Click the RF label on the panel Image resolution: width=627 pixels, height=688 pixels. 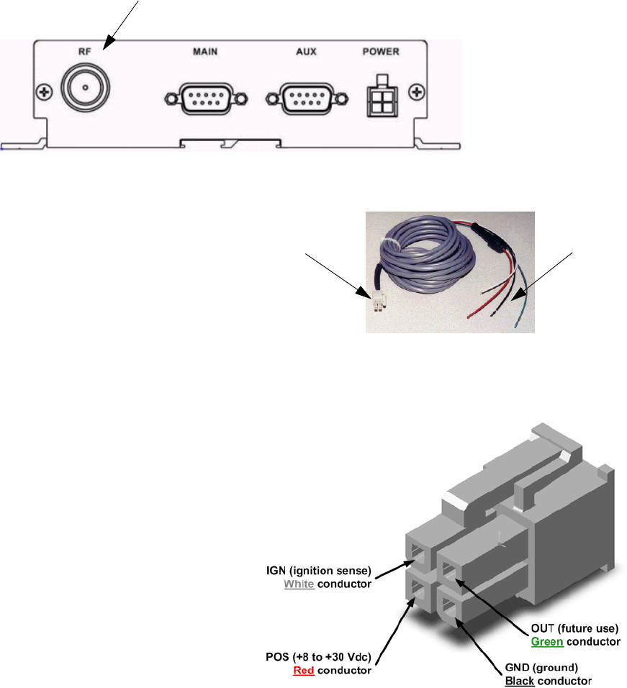click(85, 52)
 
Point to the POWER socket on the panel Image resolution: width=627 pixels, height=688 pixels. click(380, 102)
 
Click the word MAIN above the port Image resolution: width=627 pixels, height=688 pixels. click(205, 52)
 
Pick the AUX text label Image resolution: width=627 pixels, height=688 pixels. click(306, 52)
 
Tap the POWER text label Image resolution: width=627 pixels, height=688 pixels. click(381, 52)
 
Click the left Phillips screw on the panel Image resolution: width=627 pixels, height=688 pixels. click(45, 91)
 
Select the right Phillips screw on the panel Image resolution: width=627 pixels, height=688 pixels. click(416, 91)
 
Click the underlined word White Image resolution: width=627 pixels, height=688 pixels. click(299, 584)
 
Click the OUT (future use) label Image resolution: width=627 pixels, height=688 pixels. click(574, 628)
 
